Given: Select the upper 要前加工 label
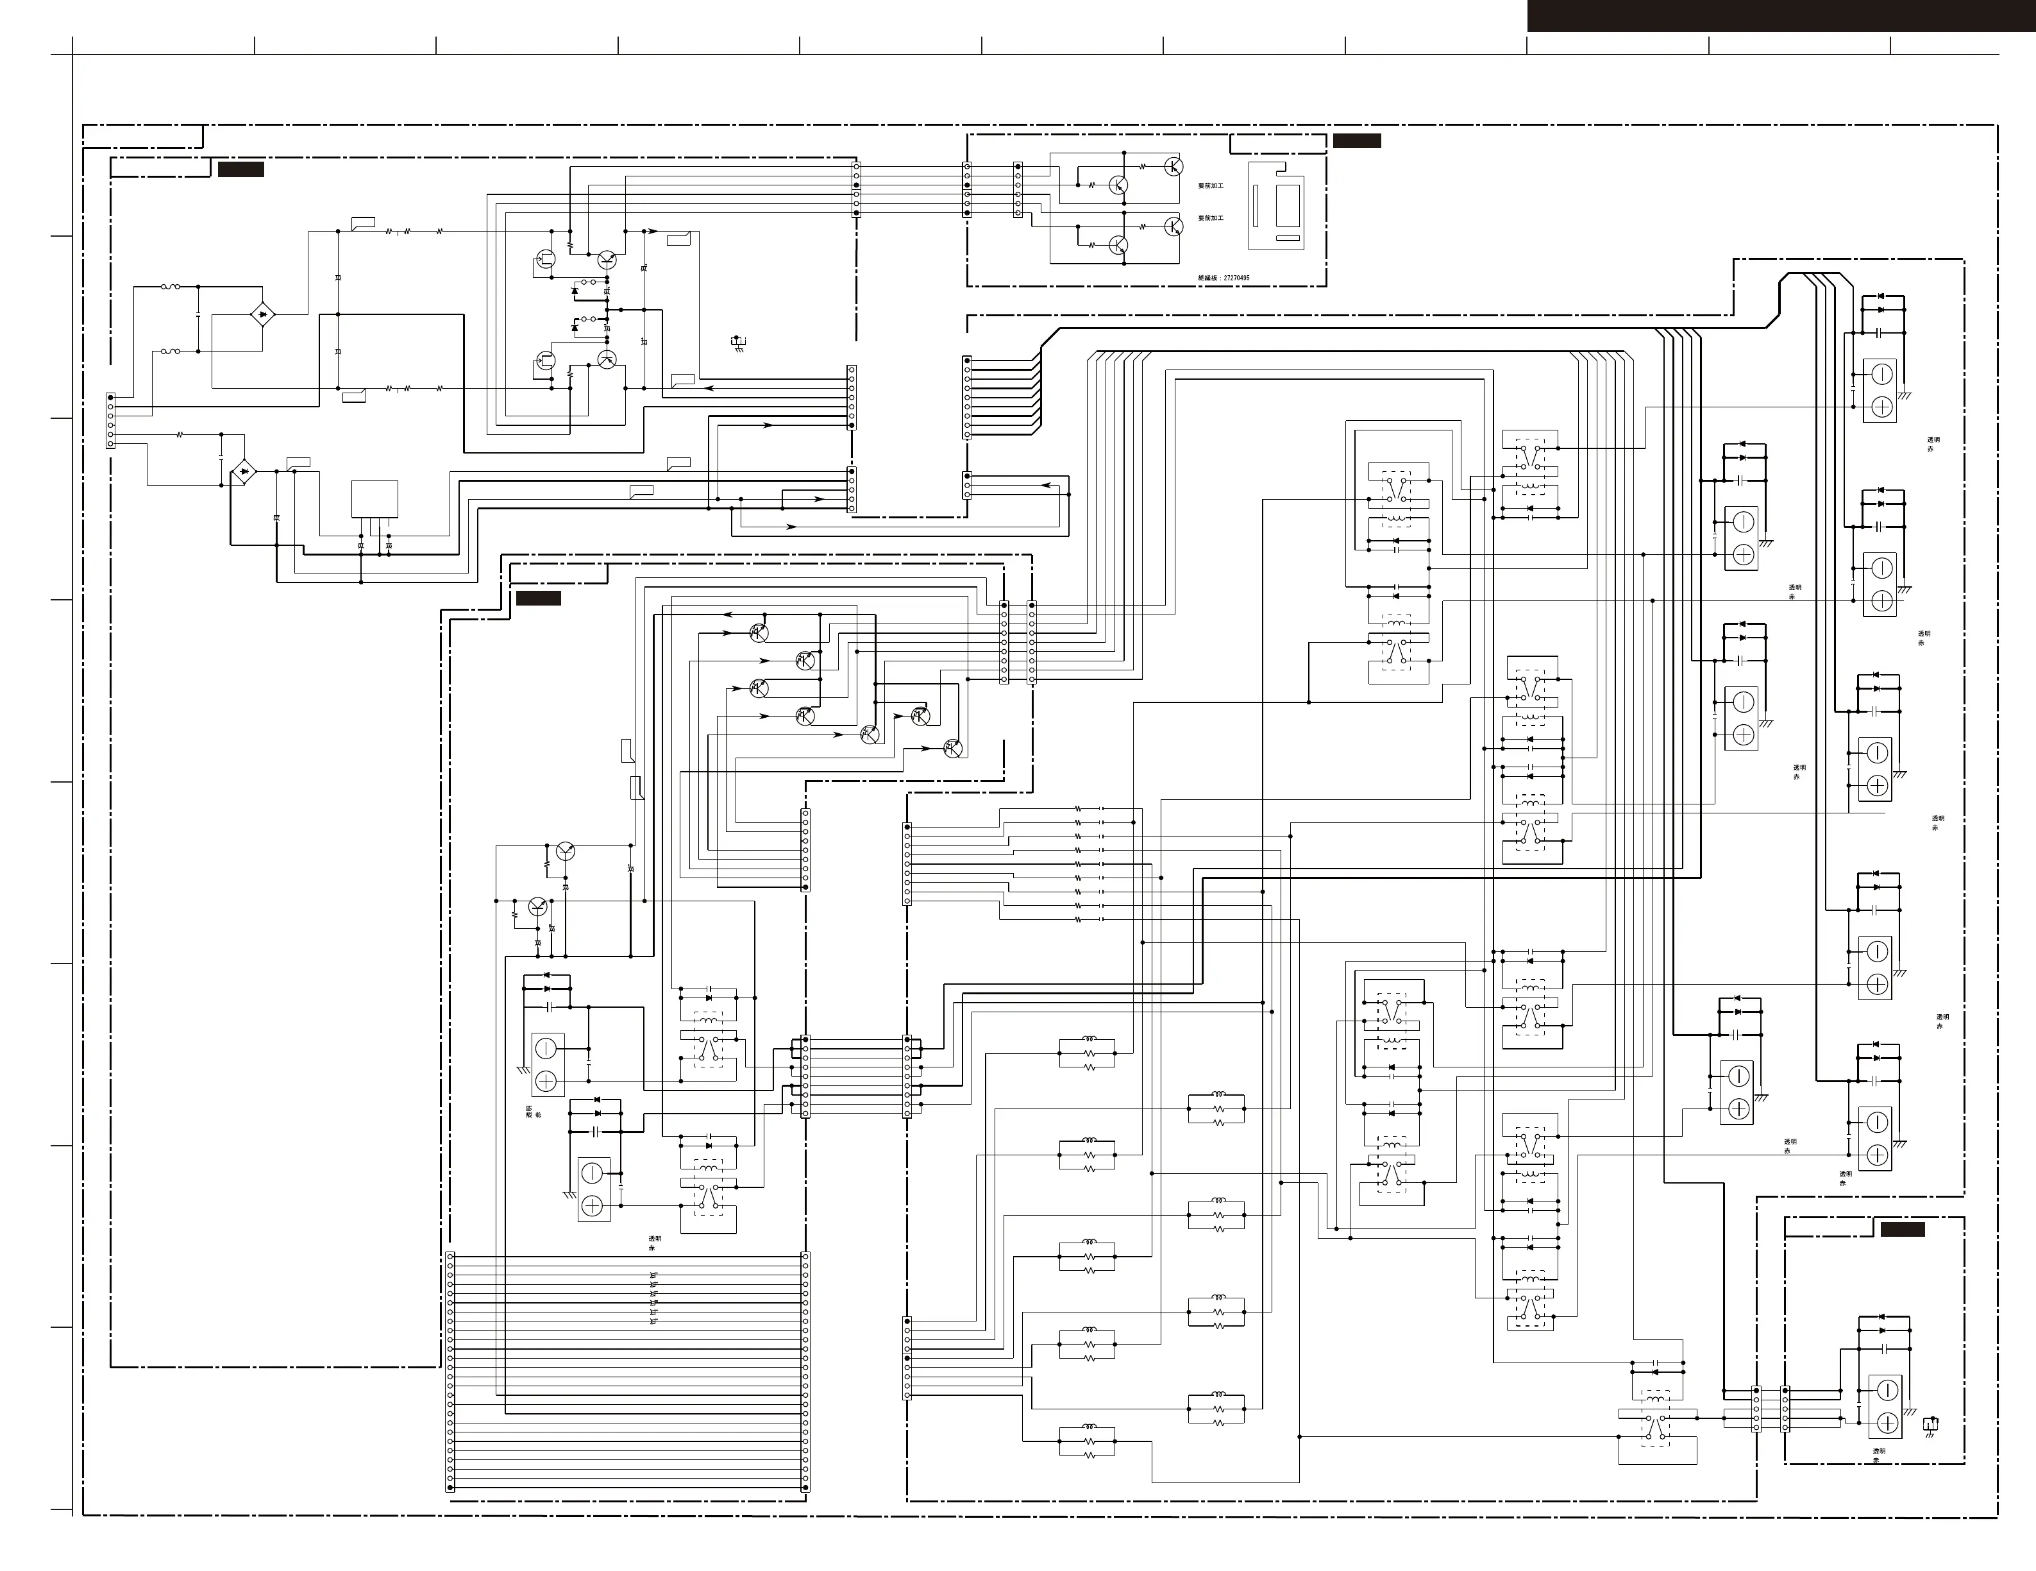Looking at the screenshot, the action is coord(1211,185).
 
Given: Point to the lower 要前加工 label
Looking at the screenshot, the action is coord(1211,218).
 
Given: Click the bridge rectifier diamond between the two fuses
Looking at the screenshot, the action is coord(264,315).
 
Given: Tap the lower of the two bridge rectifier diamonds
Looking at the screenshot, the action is coord(244,473).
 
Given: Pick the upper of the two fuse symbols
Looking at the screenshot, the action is coord(171,287).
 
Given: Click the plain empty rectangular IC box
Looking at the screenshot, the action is coord(374,499).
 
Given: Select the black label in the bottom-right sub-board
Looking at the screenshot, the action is coord(1902,1229).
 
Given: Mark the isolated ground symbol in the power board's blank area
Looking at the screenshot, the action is coord(738,342).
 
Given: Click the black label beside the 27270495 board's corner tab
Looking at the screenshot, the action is coord(1356,140).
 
